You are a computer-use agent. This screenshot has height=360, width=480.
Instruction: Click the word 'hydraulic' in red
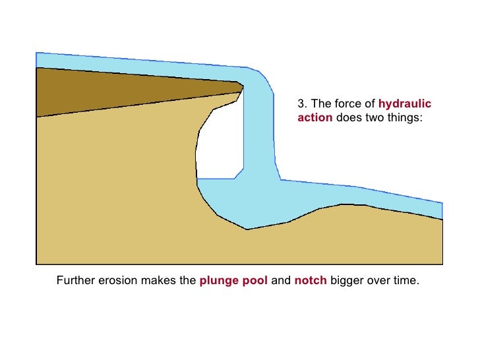pos(405,104)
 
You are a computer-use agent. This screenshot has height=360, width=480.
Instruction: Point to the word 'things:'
pos(402,119)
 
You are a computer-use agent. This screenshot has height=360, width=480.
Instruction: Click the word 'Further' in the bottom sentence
pos(75,280)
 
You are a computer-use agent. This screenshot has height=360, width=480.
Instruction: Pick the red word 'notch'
pos(310,280)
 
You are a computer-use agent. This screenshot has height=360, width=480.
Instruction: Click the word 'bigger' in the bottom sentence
pos(346,280)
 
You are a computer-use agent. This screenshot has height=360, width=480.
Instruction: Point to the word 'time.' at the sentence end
pos(407,280)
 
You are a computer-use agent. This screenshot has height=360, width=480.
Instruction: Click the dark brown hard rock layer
pos(99,92)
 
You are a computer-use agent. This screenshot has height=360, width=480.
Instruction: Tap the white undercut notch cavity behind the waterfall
pos(219,142)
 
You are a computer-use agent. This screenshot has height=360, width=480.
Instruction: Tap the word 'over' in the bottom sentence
pos(376,280)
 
